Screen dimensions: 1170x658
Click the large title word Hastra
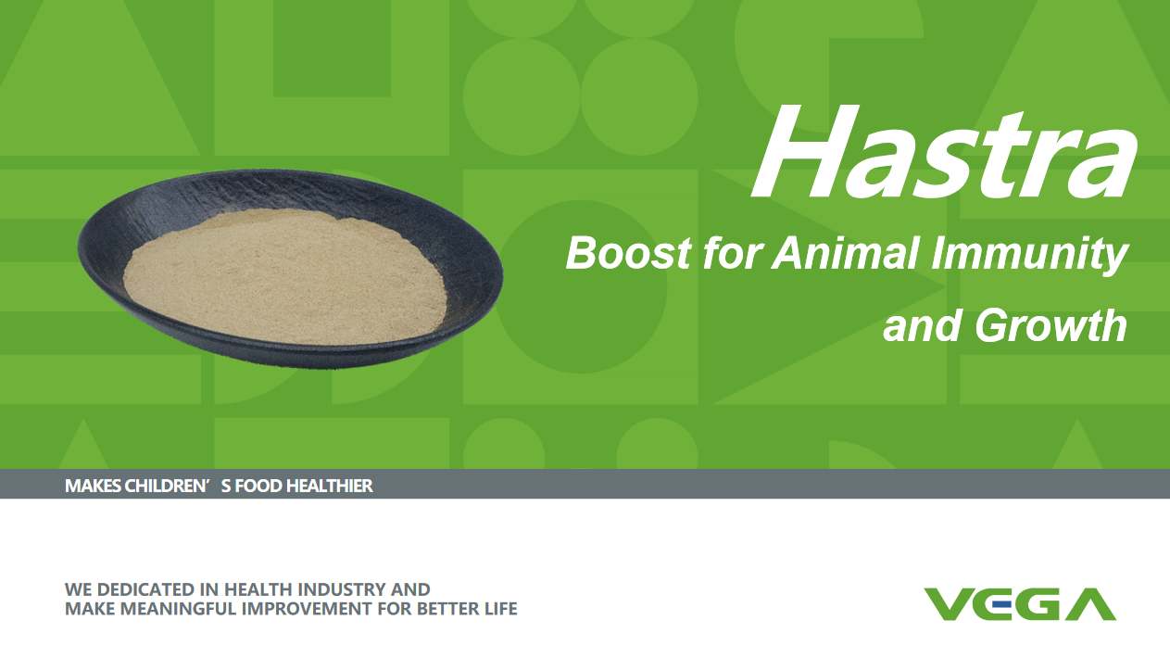pos(944,152)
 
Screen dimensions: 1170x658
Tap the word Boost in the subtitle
pos(628,253)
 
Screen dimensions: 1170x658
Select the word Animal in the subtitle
pos(845,253)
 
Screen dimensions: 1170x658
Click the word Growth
pos(1050,325)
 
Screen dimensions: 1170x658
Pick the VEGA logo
pos(1020,604)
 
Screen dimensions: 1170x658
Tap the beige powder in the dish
pos(285,276)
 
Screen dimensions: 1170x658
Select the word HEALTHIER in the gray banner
pos(330,486)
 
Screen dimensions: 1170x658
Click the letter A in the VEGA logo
pos(1091,604)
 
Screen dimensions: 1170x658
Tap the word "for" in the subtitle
pos(730,253)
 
